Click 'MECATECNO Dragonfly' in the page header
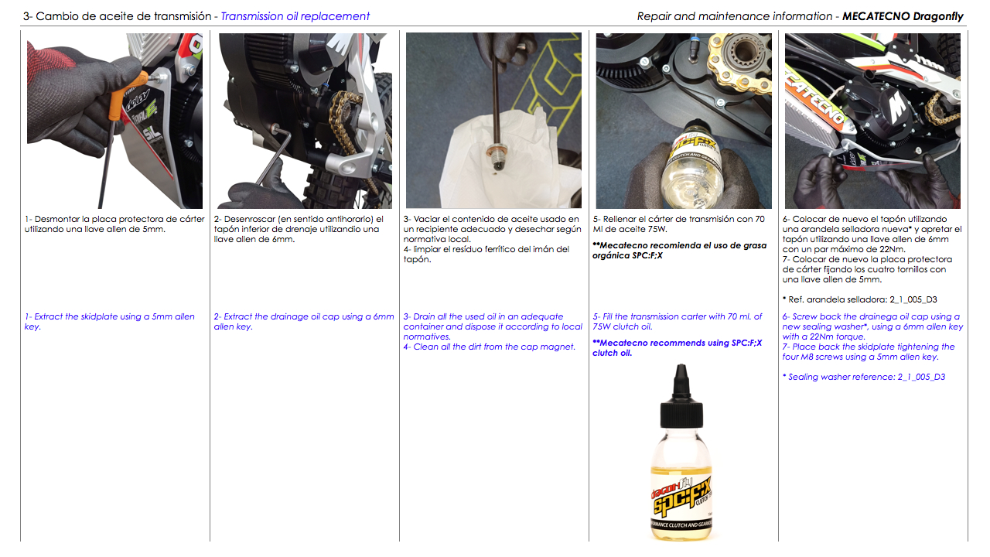click(x=903, y=16)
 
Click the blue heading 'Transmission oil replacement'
click(x=295, y=16)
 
